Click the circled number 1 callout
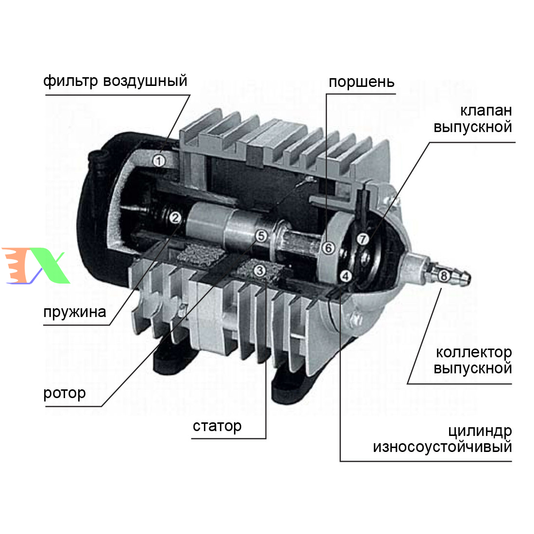pyautogui.click(x=159, y=160)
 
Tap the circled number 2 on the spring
pyautogui.click(x=175, y=217)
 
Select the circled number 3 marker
pyautogui.click(x=260, y=271)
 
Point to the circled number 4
pyautogui.click(x=346, y=276)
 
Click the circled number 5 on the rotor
pyautogui.click(x=261, y=235)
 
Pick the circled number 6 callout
pyautogui.click(x=328, y=248)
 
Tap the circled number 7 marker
pyautogui.click(x=363, y=239)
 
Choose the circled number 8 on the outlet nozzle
pyautogui.click(x=443, y=276)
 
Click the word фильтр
pyautogui.click(x=70, y=82)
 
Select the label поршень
pyautogui.click(x=361, y=82)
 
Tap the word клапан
pyautogui.click(x=486, y=111)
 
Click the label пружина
pyautogui.click(x=75, y=312)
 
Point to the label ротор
pyautogui.click(x=65, y=393)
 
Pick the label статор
pyautogui.click(x=217, y=426)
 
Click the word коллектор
pyautogui.click(x=474, y=352)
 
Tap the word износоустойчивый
pyautogui.click(x=442, y=447)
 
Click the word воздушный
pyautogui.click(x=145, y=81)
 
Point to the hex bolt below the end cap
pyautogui.click(x=355, y=318)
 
